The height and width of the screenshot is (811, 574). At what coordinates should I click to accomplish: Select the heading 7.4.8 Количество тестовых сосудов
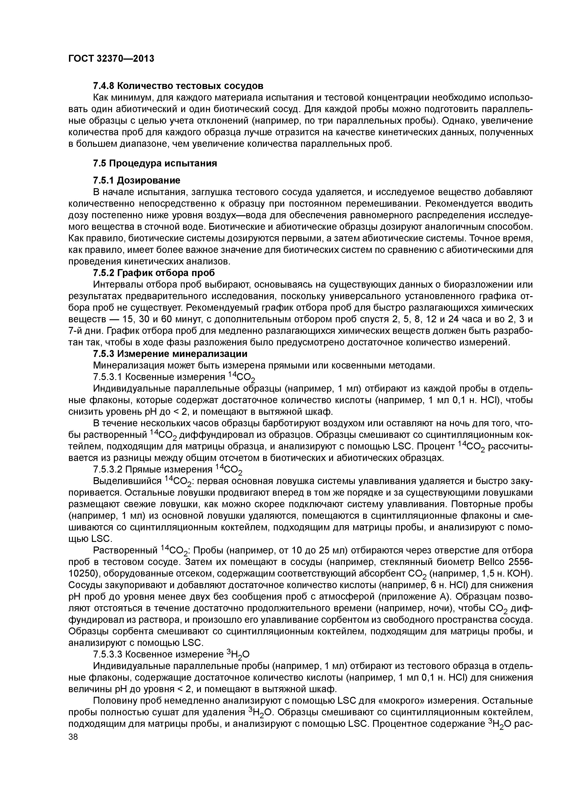click(x=178, y=86)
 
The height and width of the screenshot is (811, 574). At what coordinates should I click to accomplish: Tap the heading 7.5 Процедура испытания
click(x=155, y=163)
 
